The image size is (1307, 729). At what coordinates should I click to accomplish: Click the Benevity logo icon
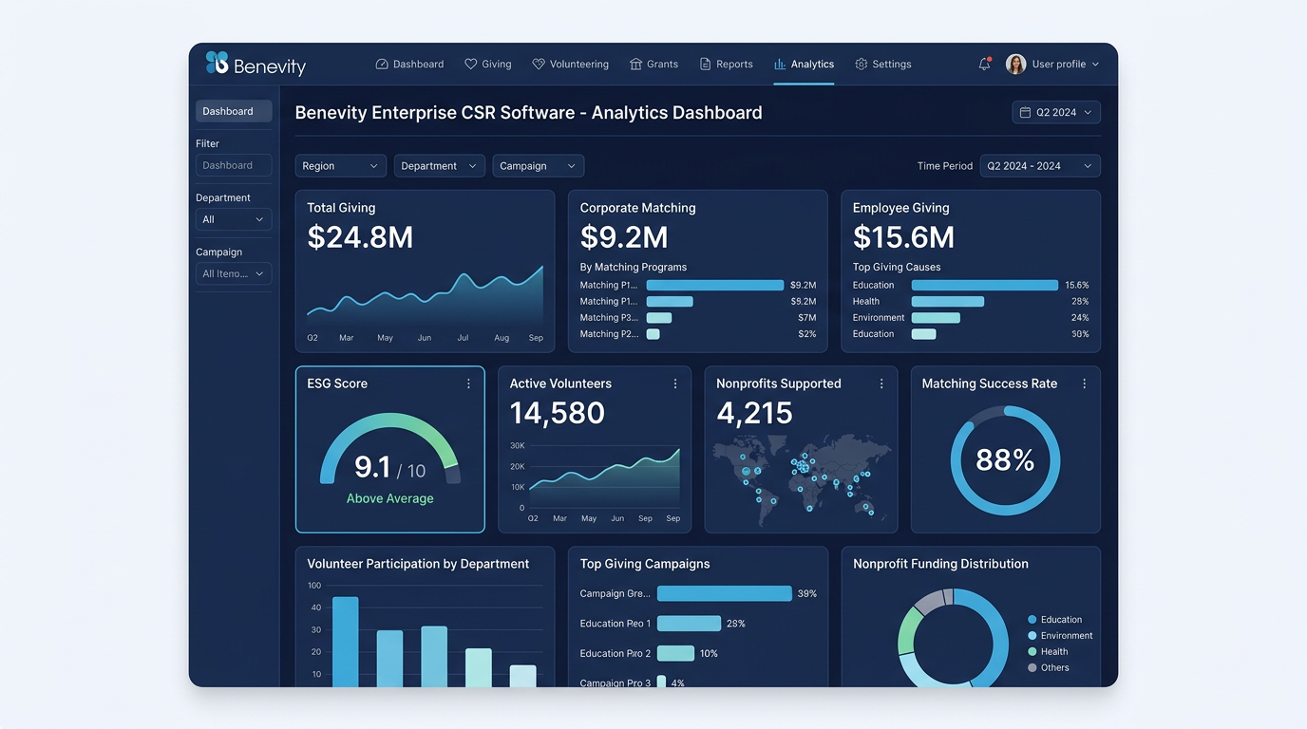(218, 64)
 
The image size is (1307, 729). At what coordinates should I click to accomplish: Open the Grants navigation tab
(653, 65)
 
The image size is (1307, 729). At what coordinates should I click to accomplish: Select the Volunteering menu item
(570, 65)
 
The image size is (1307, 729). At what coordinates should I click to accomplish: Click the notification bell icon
(984, 65)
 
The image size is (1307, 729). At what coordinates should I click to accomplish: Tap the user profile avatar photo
(1015, 65)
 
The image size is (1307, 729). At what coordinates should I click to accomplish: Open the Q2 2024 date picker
(1055, 112)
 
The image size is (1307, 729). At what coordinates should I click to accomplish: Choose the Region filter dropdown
(340, 166)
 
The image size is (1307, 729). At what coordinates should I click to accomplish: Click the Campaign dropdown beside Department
(538, 166)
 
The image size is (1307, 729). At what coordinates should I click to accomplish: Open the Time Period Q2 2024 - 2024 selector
(1039, 166)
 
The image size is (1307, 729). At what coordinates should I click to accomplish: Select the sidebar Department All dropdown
(233, 219)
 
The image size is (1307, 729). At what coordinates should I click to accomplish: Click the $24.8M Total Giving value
(360, 237)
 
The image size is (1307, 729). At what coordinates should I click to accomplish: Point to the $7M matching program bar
(658, 318)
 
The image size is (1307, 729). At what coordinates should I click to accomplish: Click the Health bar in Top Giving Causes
(947, 302)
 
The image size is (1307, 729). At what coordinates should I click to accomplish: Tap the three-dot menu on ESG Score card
(468, 383)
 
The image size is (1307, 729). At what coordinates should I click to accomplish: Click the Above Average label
(389, 498)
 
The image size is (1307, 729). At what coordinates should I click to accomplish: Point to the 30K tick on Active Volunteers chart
(517, 445)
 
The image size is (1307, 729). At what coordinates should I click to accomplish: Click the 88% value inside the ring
(1004, 460)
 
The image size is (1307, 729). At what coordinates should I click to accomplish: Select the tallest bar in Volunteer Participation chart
(345, 641)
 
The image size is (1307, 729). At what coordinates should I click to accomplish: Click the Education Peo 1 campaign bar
(689, 624)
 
